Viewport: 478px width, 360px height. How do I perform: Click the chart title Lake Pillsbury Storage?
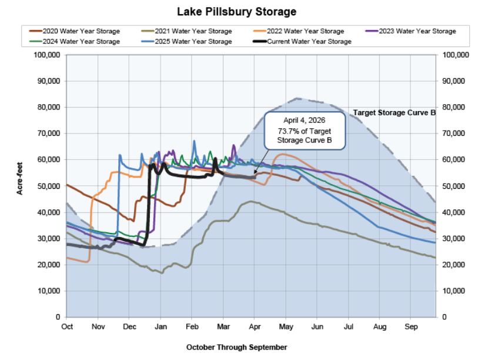[238, 11]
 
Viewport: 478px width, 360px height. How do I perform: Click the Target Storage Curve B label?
[393, 112]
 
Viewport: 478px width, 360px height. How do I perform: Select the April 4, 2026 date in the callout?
[304, 120]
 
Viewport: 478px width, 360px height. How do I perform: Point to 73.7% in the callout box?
[291, 131]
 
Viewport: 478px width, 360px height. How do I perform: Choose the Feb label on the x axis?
[191, 326]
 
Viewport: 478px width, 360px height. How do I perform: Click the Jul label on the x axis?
[349, 326]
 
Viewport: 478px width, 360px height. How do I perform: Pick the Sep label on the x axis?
[411, 326]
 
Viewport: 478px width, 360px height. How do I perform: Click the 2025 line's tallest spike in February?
[194, 141]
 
